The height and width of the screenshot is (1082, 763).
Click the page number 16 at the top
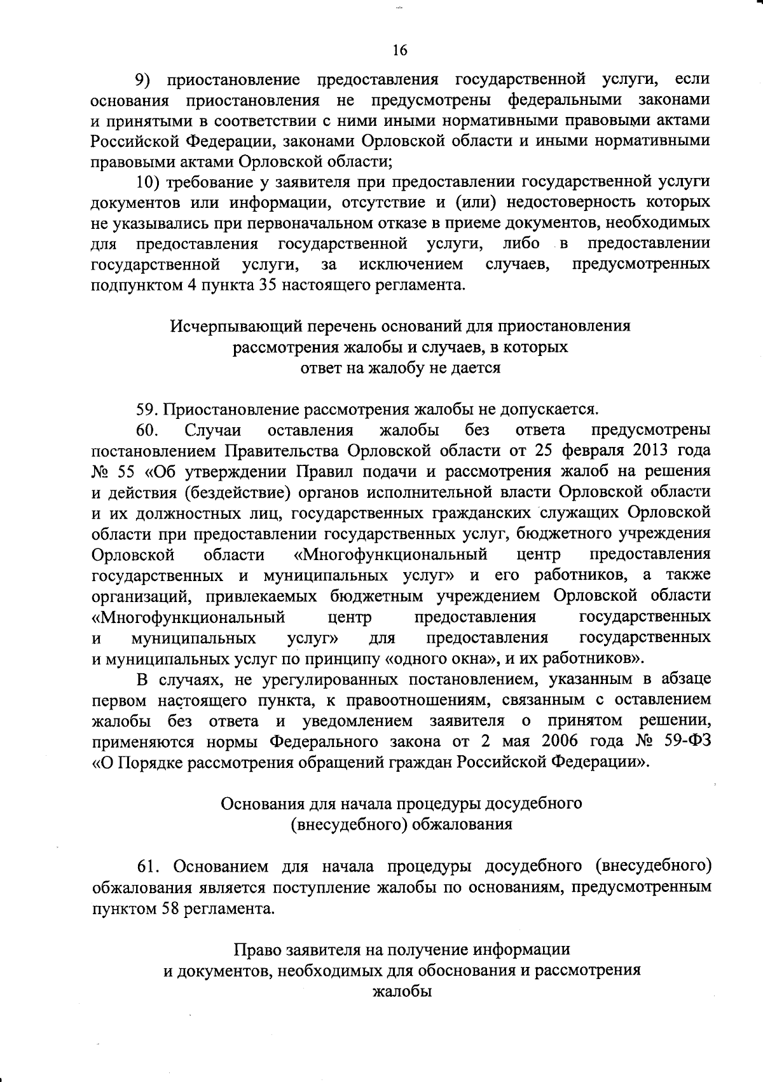click(400, 50)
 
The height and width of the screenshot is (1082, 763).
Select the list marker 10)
click(149, 182)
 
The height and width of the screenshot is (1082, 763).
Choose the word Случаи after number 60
click(214, 431)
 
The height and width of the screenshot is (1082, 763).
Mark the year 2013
click(645, 451)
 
